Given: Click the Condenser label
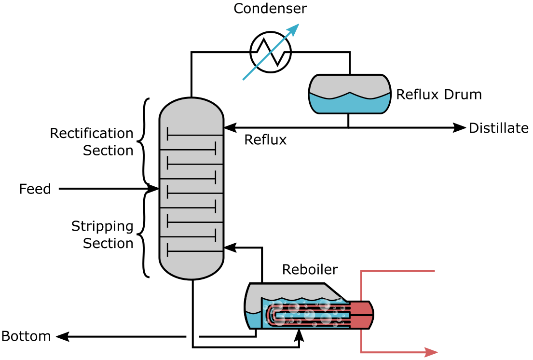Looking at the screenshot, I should pyautogui.click(x=270, y=9).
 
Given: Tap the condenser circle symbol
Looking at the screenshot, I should pyautogui.click(x=270, y=53).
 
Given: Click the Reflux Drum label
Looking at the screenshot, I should pyautogui.click(x=438, y=94).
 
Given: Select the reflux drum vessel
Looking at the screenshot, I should pyautogui.click(x=349, y=94).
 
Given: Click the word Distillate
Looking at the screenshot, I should pyautogui.click(x=499, y=128).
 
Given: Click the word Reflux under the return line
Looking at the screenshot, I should pyautogui.click(x=265, y=140).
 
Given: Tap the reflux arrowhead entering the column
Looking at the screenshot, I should pyautogui.click(x=229, y=128).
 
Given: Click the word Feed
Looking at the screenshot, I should pyautogui.click(x=35, y=189).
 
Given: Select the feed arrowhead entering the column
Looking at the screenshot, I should pyautogui.click(x=154, y=189).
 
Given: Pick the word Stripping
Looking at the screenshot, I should pyautogui.click(x=96, y=226).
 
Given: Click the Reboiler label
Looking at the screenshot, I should pyautogui.click(x=310, y=269).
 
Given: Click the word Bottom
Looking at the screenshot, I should pyautogui.click(x=26, y=336).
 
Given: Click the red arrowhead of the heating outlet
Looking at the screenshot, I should pyautogui.click(x=432, y=353).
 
